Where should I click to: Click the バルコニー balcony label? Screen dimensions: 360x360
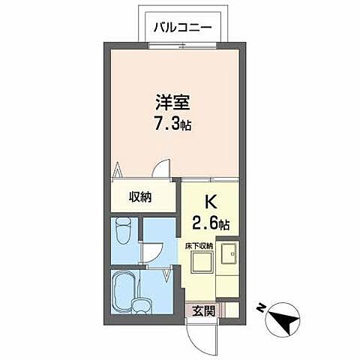coord(181,28)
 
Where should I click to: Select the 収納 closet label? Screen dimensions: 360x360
coord(139,197)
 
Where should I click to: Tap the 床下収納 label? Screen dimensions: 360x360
coord(199,244)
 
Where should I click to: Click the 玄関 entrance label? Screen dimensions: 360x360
coord(199,309)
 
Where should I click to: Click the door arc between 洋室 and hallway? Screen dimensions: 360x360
coord(159,171)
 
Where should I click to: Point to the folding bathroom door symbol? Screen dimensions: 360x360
coord(166,277)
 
